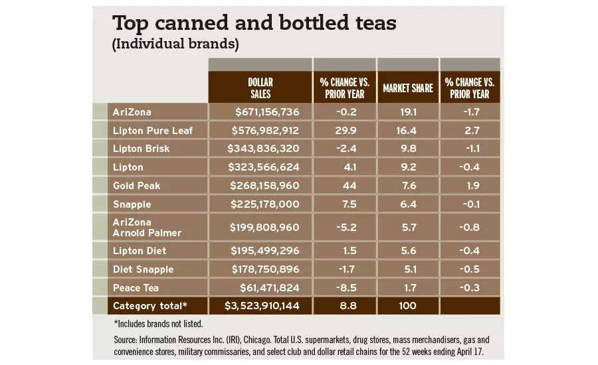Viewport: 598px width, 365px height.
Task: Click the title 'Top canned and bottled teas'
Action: (254, 23)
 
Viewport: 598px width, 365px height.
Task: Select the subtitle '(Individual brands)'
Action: (175, 44)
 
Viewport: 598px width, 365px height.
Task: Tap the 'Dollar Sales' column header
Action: (260, 88)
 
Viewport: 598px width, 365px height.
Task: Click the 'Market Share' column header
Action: (407, 88)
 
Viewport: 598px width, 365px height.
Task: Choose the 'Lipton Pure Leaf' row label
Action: (153, 131)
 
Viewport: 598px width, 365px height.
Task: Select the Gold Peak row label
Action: (137, 186)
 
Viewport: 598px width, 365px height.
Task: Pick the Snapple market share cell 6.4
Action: (407, 204)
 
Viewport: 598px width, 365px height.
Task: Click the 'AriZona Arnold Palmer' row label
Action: (147, 227)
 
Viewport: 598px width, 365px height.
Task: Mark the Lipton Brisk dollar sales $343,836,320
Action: (264, 149)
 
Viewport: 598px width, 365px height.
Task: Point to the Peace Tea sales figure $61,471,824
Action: (270, 287)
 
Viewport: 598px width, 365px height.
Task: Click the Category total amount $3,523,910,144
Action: (262, 306)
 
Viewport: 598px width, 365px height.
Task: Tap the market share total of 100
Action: (407, 306)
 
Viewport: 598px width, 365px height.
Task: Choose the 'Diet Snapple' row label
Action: (143, 269)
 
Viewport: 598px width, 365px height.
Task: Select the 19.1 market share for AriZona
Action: (407, 112)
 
